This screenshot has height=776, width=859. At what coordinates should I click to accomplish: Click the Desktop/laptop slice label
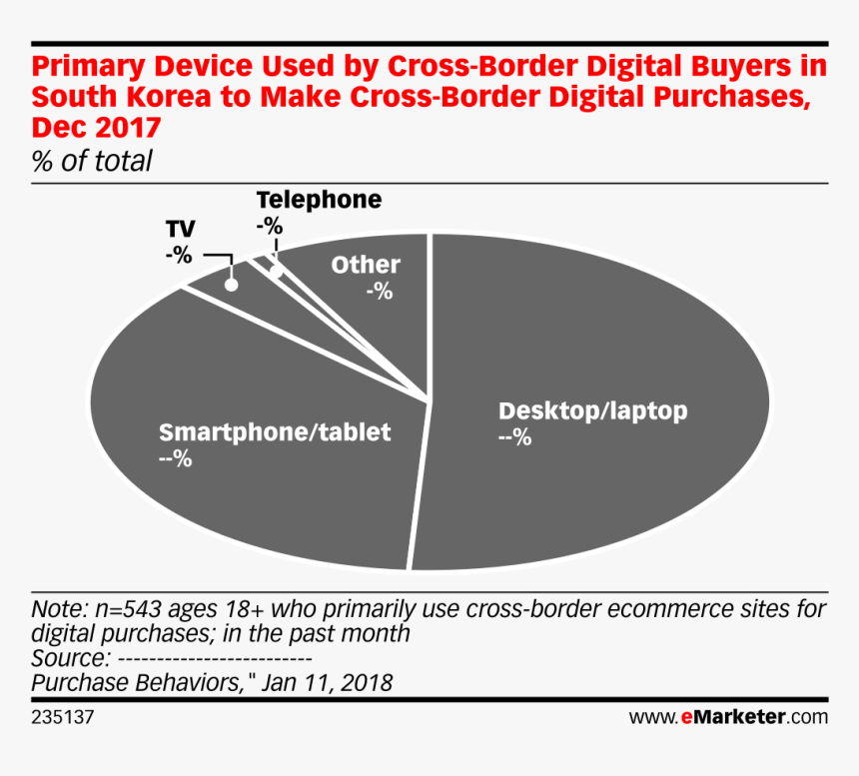(593, 410)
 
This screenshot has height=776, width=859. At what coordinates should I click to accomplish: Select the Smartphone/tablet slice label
(275, 433)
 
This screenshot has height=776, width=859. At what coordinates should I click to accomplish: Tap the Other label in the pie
(366, 265)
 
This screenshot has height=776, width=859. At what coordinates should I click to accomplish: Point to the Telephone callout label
(319, 200)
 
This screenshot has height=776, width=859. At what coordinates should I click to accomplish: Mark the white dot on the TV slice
(232, 284)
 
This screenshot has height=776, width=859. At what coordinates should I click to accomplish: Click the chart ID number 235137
(64, 717)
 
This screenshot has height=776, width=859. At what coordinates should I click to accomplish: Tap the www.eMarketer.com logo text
(728, 717)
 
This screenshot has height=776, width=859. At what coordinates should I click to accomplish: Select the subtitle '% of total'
(92, 160)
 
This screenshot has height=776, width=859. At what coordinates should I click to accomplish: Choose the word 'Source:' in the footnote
(71, 659)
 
